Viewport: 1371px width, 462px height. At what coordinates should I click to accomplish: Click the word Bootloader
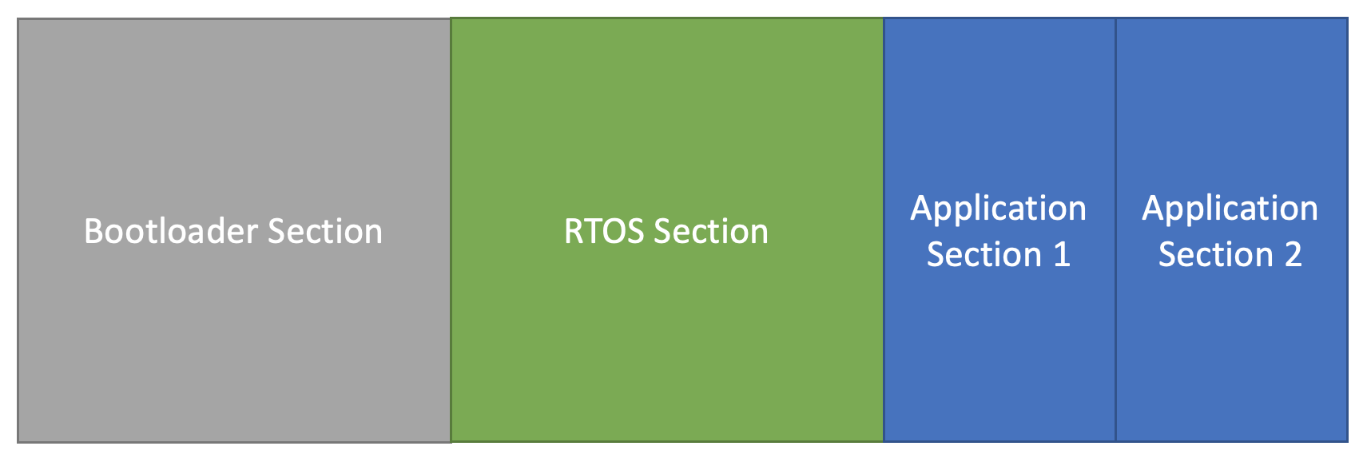click(171, 231)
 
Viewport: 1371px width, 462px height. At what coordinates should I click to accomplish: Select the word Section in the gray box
click(325, 231)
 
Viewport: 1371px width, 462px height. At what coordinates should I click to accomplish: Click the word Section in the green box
click(711, 231)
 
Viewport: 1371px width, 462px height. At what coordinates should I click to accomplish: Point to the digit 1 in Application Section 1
click(1062, 255)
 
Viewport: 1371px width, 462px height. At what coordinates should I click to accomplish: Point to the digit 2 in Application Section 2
click(1294, 255)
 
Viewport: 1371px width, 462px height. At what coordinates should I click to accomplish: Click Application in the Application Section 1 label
click(999, 209)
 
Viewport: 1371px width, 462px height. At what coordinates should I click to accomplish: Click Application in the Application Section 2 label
click(1230, 209)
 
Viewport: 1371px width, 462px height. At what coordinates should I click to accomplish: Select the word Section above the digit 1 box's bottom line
click(984, 255)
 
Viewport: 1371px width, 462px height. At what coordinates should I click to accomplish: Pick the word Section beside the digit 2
click(1216, 255)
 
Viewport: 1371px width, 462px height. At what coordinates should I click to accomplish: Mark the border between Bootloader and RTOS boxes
click(451, 230)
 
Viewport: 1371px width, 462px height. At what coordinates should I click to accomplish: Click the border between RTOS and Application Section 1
click(884, 230)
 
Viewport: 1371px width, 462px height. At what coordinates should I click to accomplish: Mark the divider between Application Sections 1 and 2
click(1115, 230)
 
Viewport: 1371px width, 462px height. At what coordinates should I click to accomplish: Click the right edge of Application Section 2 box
click(1348, 230)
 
